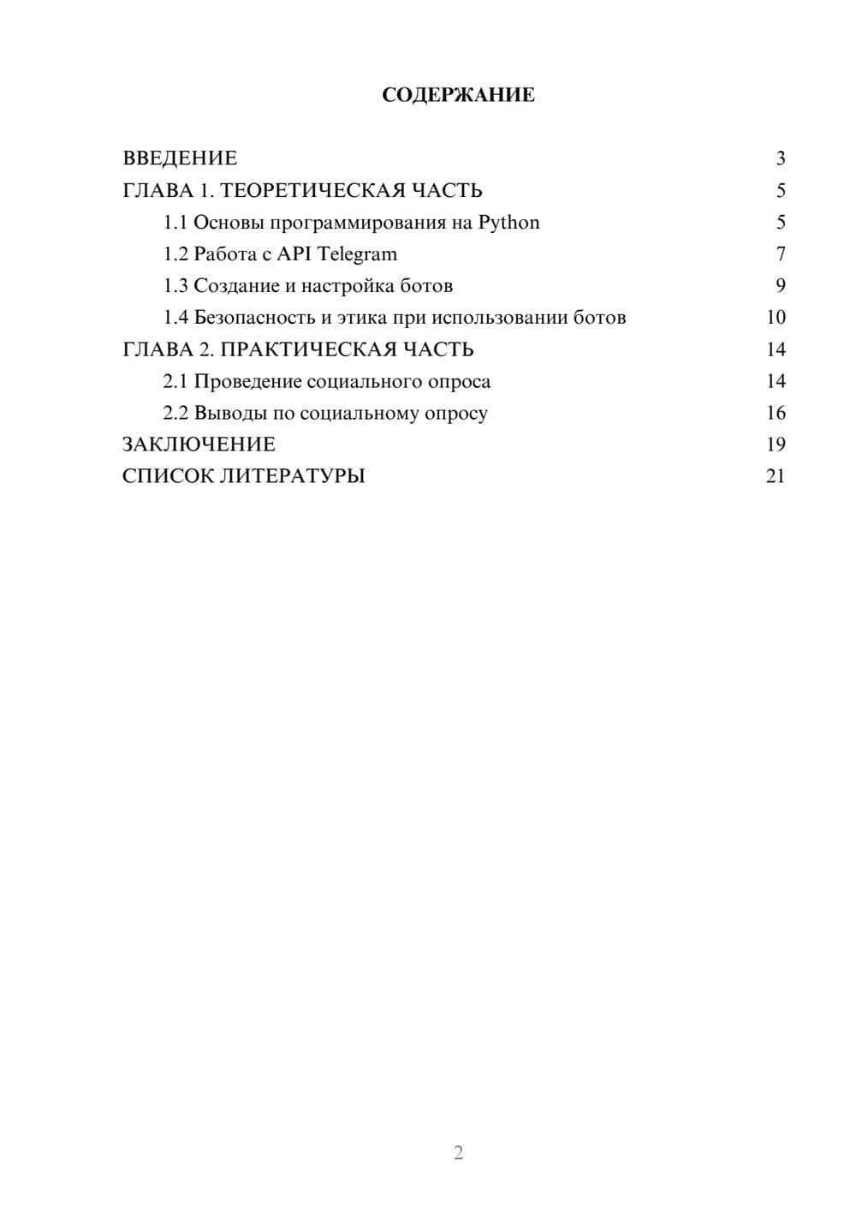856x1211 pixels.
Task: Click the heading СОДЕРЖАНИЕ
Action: pyautogui.click(x=458, y=95)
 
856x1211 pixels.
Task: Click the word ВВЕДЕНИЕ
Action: pyautogui.click(x=180, y=158)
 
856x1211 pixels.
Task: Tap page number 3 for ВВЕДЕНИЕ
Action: pyautogui.click(x=780, y=158)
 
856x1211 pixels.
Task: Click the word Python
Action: pyautogui.click(x=508, y=223)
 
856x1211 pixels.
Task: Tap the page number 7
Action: pyautogui.click(x=780, y=254)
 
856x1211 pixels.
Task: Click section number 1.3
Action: pyautogui.click(x=175, y=286)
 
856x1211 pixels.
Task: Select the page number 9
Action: pyautogui.click(x=780, y=286)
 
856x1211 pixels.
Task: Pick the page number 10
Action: pyautogui.click(x=776, y=318)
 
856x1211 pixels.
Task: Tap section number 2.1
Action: pyautogui.click(x=175, y=381)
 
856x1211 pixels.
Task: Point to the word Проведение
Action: pyautogui.click(x=247, y=381)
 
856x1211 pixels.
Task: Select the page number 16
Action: pyautogui.click(x=776, y=413)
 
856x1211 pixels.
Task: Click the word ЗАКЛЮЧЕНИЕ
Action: pyautogui.click(x=199, y=444)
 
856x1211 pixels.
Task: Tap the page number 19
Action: pyautogui.click(x=776, y=444)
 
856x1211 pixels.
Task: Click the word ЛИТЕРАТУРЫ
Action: pyautogui.click(x=293, y=476)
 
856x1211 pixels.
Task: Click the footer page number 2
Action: pyautogui.click(x=458, y=1153)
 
